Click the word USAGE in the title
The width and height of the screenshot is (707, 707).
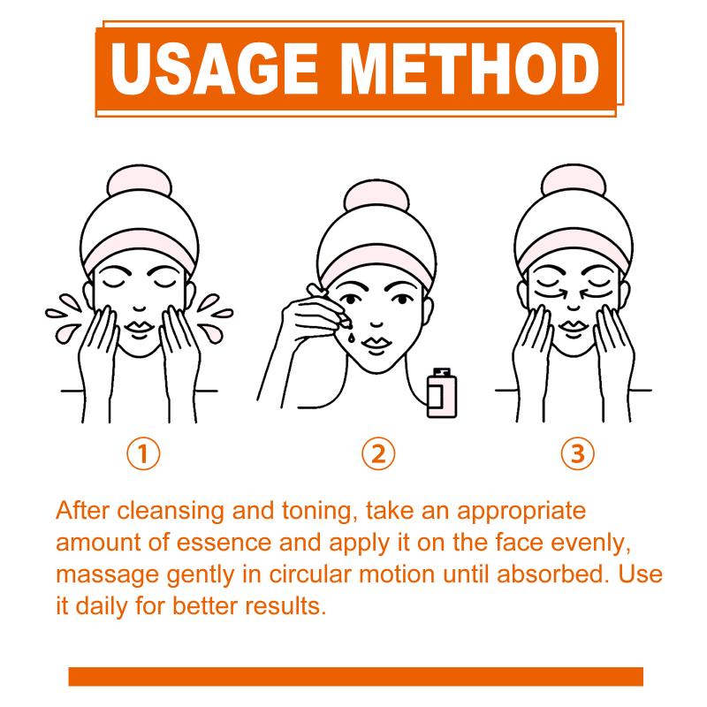215,69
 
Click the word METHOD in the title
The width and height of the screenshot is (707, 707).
470,69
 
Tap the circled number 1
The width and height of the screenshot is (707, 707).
143,453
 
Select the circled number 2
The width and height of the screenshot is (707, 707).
378,453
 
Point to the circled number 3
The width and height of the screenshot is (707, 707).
578,453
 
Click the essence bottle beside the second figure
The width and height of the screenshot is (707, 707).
441,392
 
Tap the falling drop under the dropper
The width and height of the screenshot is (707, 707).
351,338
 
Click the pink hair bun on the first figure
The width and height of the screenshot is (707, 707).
140,180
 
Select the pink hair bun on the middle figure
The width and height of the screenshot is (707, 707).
376,195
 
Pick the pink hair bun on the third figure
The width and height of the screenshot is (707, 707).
574,180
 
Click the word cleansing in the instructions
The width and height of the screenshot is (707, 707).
171,512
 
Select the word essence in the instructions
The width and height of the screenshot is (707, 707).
224,543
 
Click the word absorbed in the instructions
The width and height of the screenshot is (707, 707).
550,574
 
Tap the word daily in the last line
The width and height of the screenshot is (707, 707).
102,607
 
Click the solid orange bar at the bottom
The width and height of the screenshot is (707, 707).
356,676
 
